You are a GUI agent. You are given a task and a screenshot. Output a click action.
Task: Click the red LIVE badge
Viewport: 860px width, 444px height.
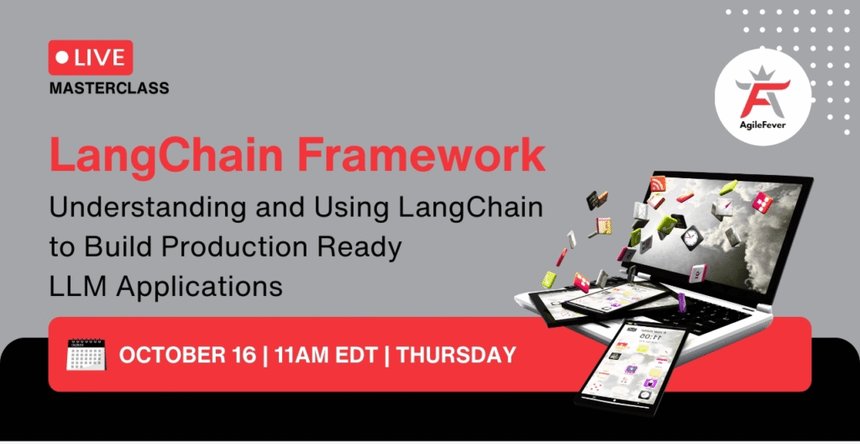point(91,58)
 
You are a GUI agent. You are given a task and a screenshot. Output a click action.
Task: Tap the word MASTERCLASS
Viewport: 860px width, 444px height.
point(108,87)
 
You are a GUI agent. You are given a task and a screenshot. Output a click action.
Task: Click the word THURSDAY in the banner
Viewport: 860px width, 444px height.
point(456,355)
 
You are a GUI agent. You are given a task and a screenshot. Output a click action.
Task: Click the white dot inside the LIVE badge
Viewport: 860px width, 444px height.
point(61,58)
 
